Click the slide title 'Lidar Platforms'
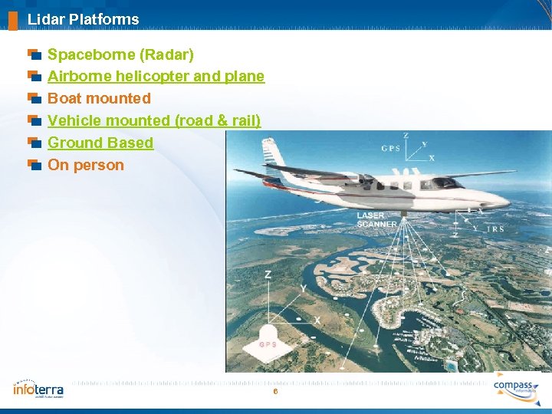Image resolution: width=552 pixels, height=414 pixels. pyautogui.click(x=83, y=19)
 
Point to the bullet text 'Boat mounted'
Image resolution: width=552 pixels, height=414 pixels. pyautogui.click(x=99, y=98)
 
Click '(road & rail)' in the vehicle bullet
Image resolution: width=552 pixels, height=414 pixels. pyautogui.click(x=218, y=120)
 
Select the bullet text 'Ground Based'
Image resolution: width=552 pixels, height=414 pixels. pyautogui.click(x=100, y=143)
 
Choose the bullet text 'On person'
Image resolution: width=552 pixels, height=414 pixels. pyautogui.click(x=85, y=165)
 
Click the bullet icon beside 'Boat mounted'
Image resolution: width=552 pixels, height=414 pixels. pyautogui.click(x=34, y=98)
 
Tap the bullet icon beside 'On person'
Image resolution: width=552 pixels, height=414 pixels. pyautogui.click(x=34, y=165)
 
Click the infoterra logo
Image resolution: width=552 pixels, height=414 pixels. pyautogui.click(x=38, y=389)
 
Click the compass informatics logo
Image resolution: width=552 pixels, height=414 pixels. pyautogui.click(x=516, y=386)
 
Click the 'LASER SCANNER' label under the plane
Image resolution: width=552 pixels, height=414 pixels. pyautogui.click(x=376, y=220)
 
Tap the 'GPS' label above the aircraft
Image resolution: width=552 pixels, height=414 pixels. pyautogui.click(x=391, y=148)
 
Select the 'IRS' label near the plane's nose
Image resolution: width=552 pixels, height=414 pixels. pyautogui.click(x=495, y=228)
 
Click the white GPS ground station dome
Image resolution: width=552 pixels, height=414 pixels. pyautogui.click(x=268, y=339)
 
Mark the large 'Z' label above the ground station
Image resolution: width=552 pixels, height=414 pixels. pyautogui.click(x=268, y=274)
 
